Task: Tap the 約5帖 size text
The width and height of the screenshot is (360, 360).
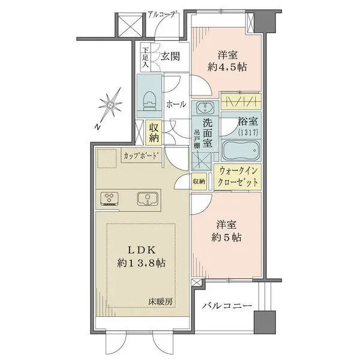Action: [226, 236]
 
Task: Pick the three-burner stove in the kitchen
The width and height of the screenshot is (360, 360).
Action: [110, 198]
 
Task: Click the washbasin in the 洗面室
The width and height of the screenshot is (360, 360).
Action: [205, 109]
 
